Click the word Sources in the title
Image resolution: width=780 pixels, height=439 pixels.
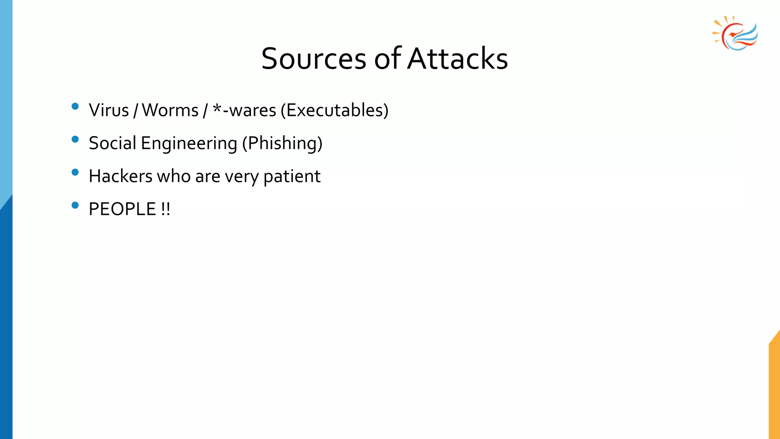click(313, 59)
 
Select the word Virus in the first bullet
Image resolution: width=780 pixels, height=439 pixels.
click(109, 110)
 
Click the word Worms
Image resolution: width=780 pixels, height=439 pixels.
click(170, 110)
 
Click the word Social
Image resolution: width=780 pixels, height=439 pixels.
click(112, 143)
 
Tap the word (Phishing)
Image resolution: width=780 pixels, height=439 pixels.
click(282, 144)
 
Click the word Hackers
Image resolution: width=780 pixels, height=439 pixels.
click(121, 176)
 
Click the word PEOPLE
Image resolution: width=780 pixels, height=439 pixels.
click(122, 209)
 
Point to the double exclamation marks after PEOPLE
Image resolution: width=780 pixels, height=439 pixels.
click(166, 209)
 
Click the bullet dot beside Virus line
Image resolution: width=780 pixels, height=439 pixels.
click(75, 106)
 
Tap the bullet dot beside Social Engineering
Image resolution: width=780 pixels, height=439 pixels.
click(75, 139)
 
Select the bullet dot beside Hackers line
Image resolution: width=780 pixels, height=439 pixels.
click(75, 172)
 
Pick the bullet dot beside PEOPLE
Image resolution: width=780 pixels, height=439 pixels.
click(75, 205)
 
